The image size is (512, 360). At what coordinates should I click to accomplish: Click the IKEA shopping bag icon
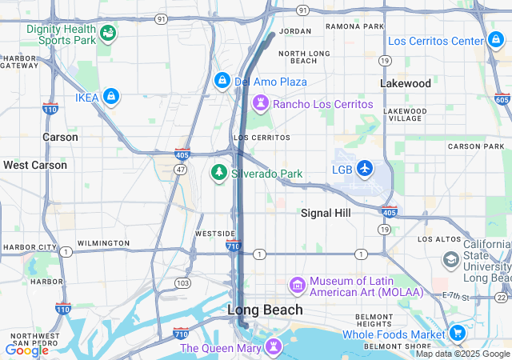[x=111, y=97]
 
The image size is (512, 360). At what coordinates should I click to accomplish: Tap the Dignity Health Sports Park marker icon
[x=107, y=33]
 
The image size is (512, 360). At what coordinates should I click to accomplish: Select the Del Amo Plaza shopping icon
[x=222, y=81]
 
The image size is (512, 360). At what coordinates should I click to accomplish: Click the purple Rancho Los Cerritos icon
[x=261, y=103]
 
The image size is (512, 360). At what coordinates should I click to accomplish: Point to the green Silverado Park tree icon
[x=218, y=172]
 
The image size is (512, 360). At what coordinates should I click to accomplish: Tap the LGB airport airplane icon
[x=365, y=168]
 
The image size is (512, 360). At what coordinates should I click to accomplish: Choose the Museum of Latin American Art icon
[x=297, y=285]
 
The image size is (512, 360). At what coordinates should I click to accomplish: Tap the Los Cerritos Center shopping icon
[x=495, y=40]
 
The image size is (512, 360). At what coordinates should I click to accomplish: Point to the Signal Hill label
[x=326, y=213]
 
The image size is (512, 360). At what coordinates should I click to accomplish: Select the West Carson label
[x=35, y=165]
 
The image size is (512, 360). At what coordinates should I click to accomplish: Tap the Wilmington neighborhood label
[x=103, y=242]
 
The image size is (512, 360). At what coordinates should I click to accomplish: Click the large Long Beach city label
[x=266, y=310]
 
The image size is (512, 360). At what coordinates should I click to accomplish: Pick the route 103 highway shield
[x=183, y=282]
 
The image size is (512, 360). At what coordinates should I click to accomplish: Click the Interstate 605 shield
[x=502, y=99]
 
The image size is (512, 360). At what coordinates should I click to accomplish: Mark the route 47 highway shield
[x=181, y=170]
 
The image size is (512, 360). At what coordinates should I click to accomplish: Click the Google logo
[x=26, y=350]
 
